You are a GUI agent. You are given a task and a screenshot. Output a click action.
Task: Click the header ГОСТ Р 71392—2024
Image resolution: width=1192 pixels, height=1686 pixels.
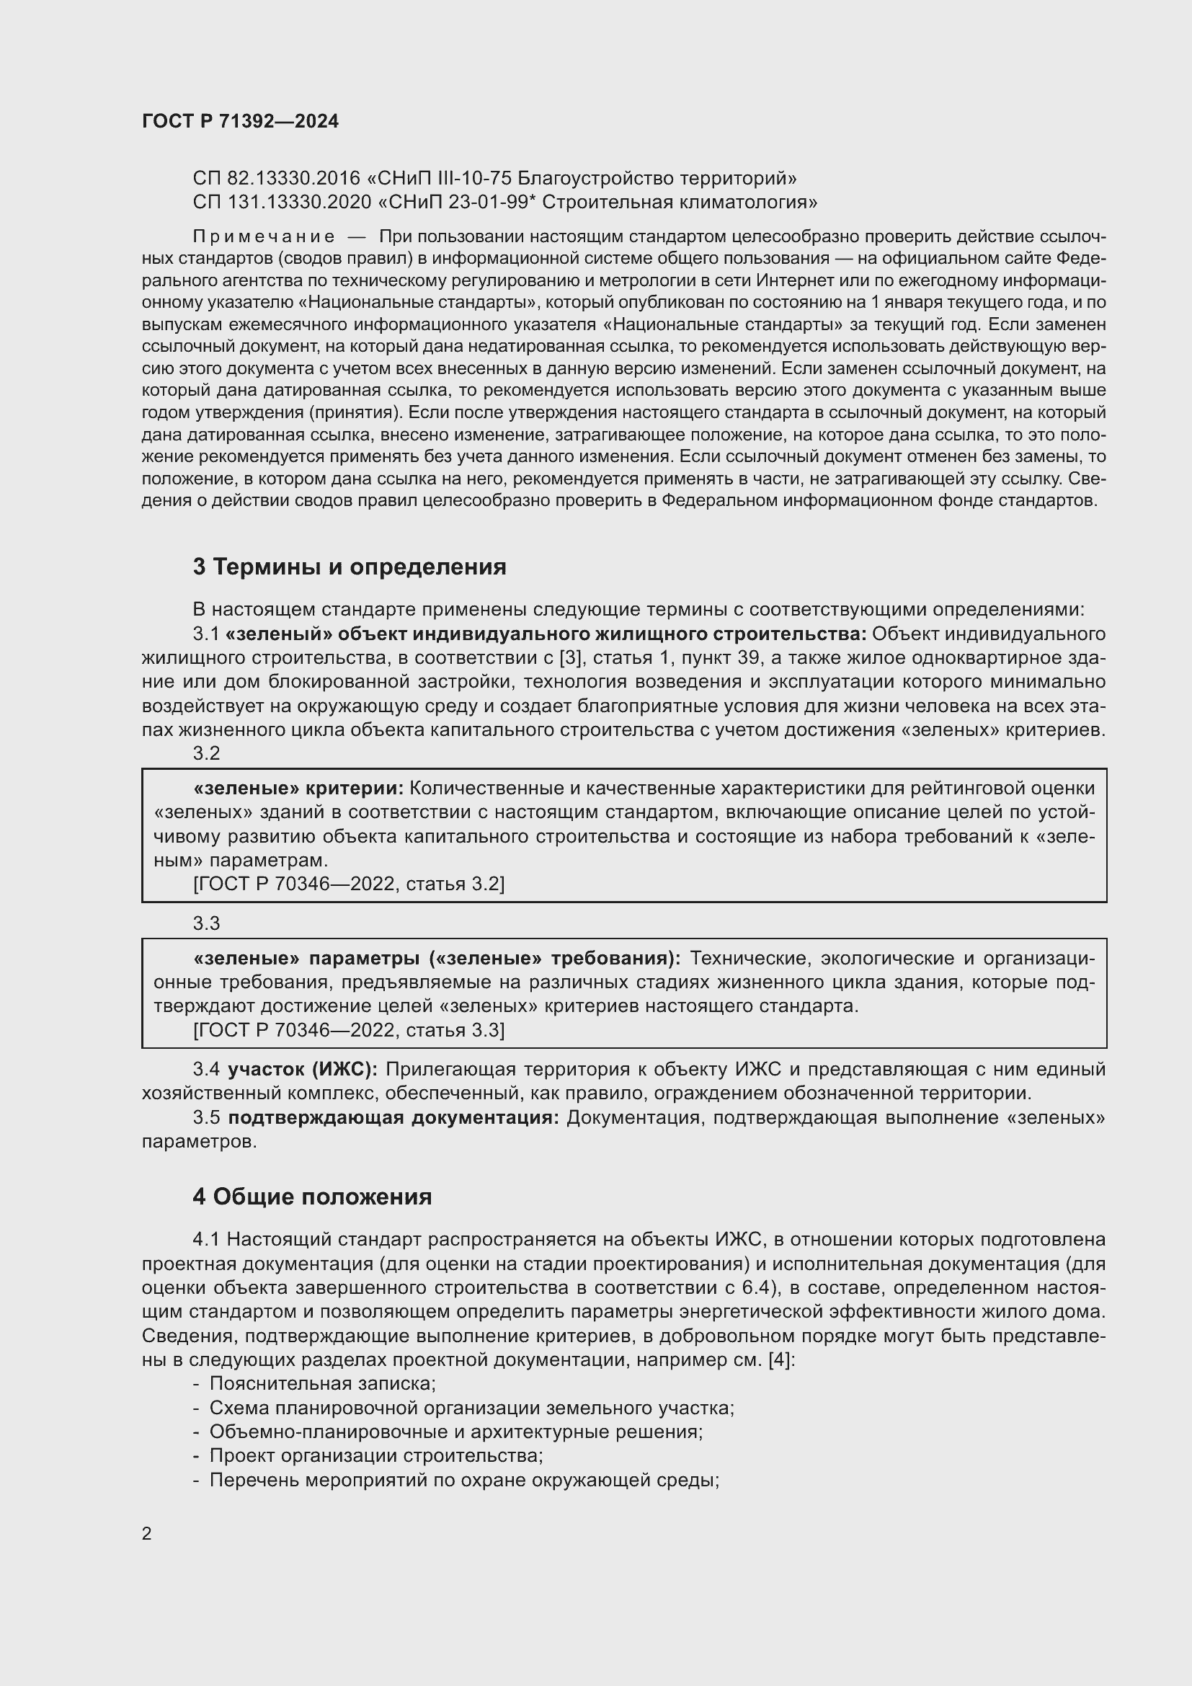(x=240, y=122)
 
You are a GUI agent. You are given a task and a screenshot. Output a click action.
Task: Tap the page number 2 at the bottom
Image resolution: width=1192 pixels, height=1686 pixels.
(x=147, y=1534)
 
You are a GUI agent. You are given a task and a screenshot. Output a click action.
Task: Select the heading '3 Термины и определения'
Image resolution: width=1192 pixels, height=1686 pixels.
(x=350, y=567)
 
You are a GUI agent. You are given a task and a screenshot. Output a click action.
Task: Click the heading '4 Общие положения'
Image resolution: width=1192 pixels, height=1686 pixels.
(x=312, y=1197)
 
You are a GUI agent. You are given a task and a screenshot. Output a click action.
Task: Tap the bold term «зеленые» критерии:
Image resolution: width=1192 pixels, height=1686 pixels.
(x=299, y=788)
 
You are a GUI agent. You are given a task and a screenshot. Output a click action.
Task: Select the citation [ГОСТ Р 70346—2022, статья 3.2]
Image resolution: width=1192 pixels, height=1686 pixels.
(x=349, y=884)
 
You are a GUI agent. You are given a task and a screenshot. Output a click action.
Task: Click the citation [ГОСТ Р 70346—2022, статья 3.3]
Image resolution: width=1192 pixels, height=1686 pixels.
(x=349, y=1030)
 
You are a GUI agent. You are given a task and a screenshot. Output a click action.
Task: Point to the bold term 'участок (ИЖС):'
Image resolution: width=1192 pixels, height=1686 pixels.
(x=303, y=1069)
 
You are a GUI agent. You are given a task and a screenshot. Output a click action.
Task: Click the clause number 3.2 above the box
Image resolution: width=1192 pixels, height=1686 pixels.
(x=206, y=753)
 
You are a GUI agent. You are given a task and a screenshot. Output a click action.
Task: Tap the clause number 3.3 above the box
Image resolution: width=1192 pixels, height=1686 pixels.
(x=206, y=923)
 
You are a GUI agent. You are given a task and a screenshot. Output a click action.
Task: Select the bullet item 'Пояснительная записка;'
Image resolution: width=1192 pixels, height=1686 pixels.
(x=322, y=1383)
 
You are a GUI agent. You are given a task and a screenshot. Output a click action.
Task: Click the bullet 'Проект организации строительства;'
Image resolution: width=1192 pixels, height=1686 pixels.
(x=375, y=1455)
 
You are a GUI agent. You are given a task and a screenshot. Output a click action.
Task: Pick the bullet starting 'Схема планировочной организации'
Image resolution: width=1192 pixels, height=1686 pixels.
(x=471, y=1408)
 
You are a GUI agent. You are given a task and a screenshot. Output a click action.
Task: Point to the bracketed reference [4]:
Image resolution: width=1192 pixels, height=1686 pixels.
(x=782, y=1359)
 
